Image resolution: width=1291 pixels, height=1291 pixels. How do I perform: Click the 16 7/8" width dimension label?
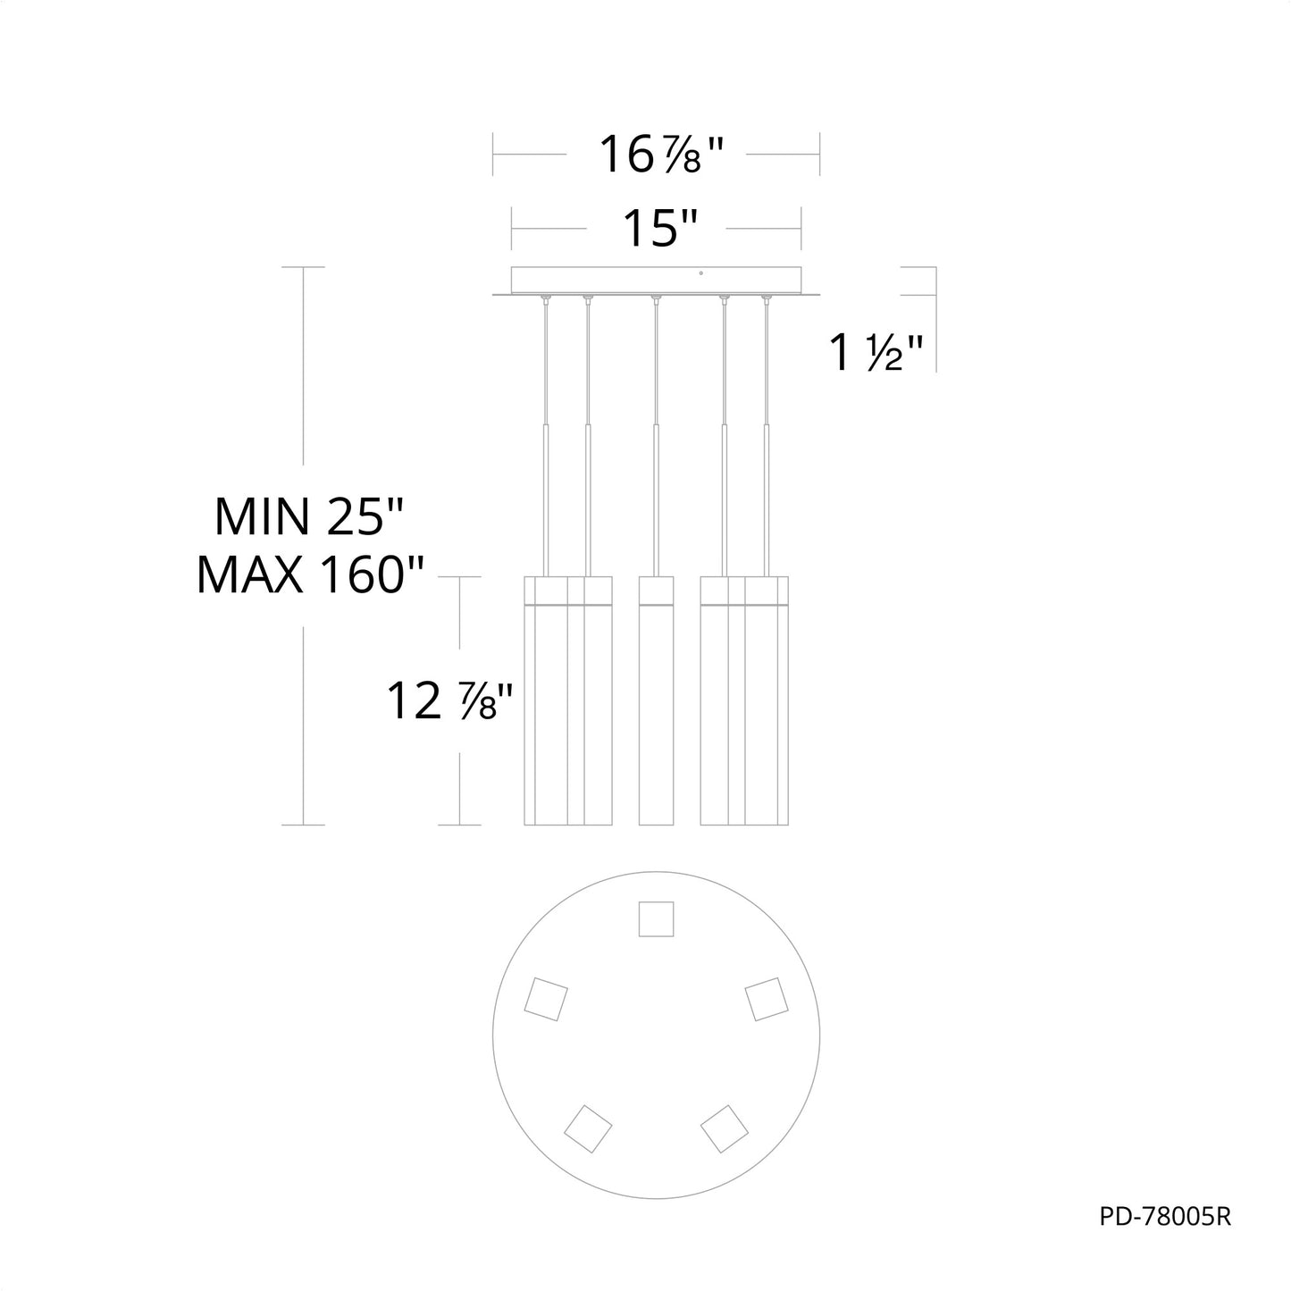click(x=661, y=155)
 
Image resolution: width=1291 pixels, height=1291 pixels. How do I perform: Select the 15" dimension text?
click(x=660, y=229)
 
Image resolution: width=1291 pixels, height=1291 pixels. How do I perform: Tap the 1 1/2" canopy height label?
click(x=876, y=352)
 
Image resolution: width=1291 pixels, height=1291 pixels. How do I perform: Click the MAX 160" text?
click(x=310, y=575)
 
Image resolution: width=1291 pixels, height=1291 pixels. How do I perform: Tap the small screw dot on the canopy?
click(x=700, y=273)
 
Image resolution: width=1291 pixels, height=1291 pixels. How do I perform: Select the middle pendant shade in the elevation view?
click(x=656, y=700)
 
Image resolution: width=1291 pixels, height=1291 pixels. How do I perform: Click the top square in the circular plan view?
click(x=656, y=918)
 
